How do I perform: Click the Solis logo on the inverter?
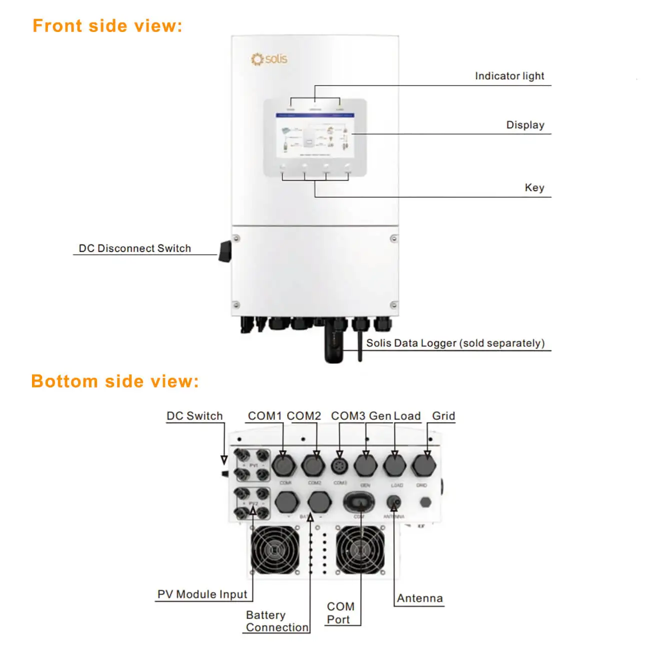tap(269, 59)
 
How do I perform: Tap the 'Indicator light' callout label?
tap(509, 76)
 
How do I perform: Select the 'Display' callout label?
tap(525, 125)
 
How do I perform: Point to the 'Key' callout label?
tap(534, 188)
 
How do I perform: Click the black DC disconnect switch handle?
tap(225, 251)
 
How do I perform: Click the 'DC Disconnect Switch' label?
tap(134, 248)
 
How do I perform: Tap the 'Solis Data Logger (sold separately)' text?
tap(455, 343)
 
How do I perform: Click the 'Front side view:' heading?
tap(107, 26)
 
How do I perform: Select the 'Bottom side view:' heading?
tap(115, 382)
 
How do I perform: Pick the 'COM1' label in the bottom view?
tap(264, 416)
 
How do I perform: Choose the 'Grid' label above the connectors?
tap(443, 416)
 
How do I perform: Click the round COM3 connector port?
tap(340, 466)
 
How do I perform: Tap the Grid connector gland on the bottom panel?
tap(424, 466)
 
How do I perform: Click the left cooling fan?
tap(275, 550)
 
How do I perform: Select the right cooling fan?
tap(360, 550)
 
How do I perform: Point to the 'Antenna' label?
tap(419, 599)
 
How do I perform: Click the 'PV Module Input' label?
tap(202, 595)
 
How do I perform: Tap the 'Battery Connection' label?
tap(276, 621)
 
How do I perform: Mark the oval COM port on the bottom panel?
tap(359, 502)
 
